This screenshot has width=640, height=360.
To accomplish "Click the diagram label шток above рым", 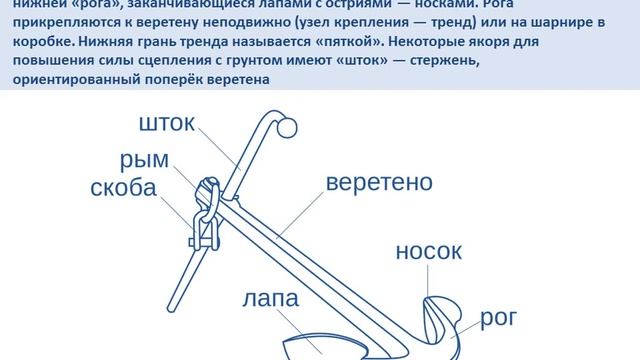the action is pos(167,124).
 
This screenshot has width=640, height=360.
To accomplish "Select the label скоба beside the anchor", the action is pos(123,189).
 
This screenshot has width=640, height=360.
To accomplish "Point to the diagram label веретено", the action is pos(379,184).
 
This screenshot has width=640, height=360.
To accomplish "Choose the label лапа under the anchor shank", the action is pos(273,300).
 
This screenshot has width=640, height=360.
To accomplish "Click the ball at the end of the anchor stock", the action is pos(286,128).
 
